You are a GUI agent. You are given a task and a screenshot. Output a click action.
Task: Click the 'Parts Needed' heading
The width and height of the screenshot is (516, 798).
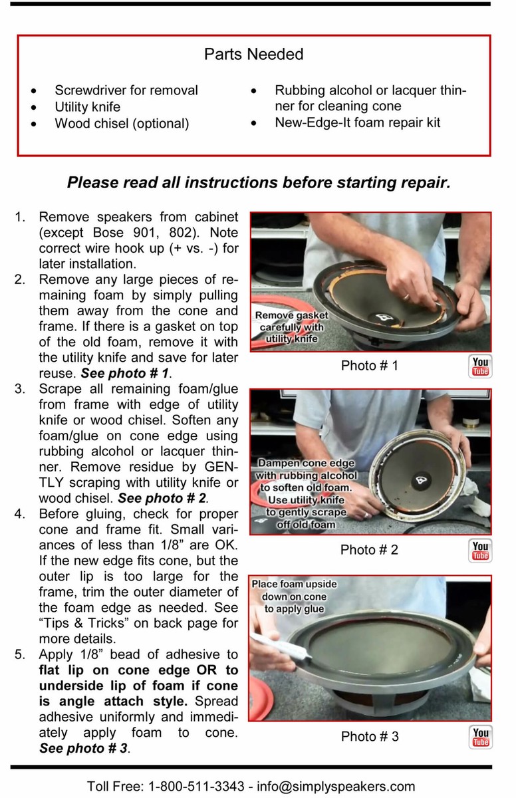tap(253, 54)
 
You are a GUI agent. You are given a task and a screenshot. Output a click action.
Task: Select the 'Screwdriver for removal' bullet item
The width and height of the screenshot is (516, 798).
tap(126, 90)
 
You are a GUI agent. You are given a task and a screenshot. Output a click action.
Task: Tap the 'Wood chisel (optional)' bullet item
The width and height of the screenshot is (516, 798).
tap(122, 124)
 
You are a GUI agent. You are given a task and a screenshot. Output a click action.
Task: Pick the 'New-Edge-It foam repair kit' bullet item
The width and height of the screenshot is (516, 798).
tap(357, 122)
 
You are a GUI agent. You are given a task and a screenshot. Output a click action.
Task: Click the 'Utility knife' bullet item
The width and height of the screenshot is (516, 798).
tap(97, 107)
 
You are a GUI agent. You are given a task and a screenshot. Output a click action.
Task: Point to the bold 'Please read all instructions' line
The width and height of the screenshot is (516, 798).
tap(259, 182)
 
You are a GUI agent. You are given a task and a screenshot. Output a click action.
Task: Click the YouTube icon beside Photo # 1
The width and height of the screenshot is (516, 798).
tap(479, 366)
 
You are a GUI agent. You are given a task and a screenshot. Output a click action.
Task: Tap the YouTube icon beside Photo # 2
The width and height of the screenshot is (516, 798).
tap(479, 550)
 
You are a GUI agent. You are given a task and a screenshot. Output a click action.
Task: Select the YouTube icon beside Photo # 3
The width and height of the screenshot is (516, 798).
tap(479, 737)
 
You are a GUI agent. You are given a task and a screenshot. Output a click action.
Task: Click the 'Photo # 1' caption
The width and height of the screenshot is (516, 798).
tap(369, 365)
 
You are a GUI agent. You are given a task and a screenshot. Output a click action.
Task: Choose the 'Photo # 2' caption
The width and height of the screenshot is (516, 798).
tap(369, 550)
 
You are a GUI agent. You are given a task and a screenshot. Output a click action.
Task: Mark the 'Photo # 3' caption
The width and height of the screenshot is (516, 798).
tap(369, 737)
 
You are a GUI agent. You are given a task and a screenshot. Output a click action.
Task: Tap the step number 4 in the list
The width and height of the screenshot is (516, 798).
tap(19, 514)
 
